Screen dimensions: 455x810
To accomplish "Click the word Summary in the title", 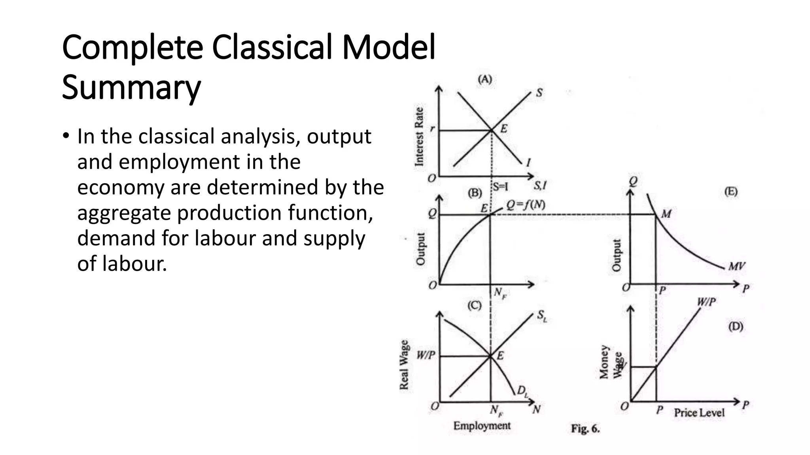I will pos(131,88).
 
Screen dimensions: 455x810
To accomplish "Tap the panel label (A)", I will pos(485,80).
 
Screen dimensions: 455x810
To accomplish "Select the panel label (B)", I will pos(475,193).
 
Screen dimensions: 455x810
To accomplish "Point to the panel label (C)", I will pos(474,305).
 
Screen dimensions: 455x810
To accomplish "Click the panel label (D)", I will pos(736,327).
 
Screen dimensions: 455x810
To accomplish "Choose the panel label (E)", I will pos(731,192).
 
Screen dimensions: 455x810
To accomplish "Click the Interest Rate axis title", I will pos(419,137).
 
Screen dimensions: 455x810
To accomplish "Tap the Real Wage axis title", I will pos(404,365).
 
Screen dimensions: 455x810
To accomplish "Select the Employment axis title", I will pos(482,426).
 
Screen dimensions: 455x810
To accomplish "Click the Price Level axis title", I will pos(699,413).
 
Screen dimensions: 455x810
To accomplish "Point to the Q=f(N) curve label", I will pos(526,205).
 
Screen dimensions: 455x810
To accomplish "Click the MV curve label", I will pos(736,266).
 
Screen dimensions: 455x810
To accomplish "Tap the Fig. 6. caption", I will pos(585,429).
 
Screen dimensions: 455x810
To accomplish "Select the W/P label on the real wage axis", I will pos(426,355).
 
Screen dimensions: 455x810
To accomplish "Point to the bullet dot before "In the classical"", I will pos(65,137).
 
